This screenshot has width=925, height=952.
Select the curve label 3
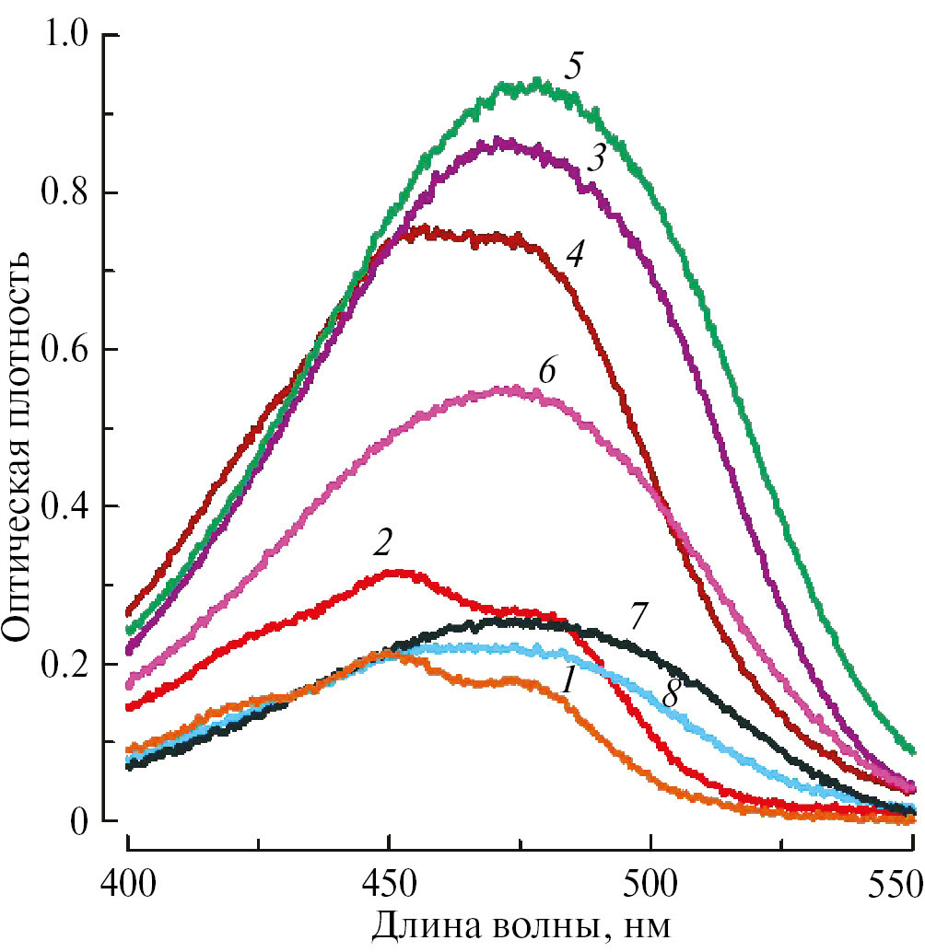point(596,159)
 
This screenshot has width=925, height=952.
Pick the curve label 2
point(382,544)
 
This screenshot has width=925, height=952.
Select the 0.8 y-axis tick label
point(64,192)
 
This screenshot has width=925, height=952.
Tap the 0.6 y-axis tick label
point(64,350)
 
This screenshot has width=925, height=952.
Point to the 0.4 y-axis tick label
point(64,506)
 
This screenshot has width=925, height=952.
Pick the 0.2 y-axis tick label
point(64,664)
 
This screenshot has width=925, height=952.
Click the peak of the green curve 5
point(537,86)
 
